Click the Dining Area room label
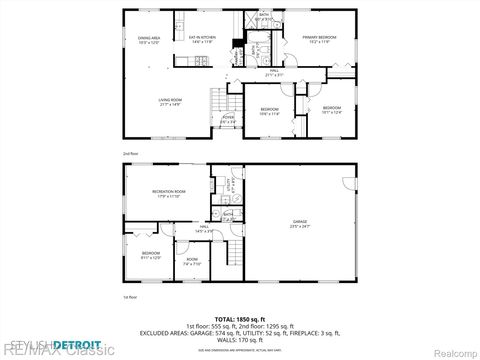point(149,40)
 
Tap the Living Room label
point(169,101)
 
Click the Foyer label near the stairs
point(228,120)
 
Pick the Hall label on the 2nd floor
point(274,72)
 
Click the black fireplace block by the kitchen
point(235,43)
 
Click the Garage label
point(300,224)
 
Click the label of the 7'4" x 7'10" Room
point(191,263)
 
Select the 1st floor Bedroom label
point(150,255)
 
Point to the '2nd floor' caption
point(130,153)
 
